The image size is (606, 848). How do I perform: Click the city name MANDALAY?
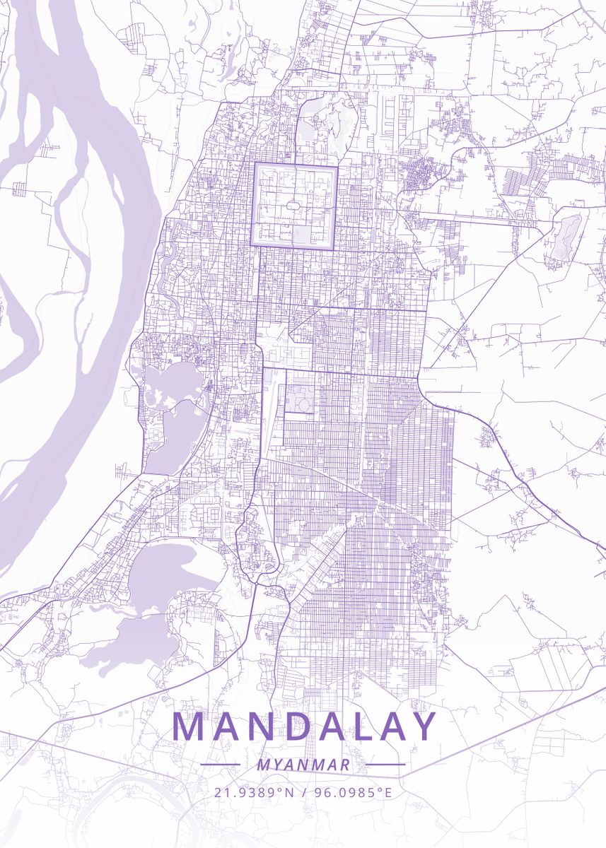[304, 726]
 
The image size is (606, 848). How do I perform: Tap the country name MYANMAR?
[303, 765]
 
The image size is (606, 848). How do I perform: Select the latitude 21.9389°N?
[253, 792]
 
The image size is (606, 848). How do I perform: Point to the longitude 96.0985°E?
[351, 792]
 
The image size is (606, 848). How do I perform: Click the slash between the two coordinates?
[303, 792]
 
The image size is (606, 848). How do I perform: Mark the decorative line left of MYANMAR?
[220, 765]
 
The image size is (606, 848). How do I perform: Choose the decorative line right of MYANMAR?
[385, 765]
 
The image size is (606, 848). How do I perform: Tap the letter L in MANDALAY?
[356, 726]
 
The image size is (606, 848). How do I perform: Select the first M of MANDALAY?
[187, 726]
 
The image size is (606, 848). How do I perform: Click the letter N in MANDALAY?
[253, 726]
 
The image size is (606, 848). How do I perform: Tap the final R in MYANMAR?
[345, 765]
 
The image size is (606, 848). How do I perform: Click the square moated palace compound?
[293, 204]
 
